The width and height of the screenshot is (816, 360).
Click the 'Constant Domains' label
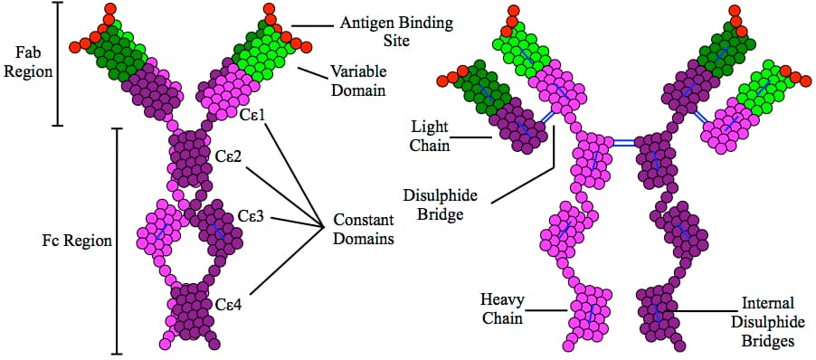pos(363,230)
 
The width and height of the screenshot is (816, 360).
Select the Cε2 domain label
pos(228,155)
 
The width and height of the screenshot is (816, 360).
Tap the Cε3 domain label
pos(251,217)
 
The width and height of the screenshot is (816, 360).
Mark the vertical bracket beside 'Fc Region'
pos(117,241)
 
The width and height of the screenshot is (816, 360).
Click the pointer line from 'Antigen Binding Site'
pos(316,24)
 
